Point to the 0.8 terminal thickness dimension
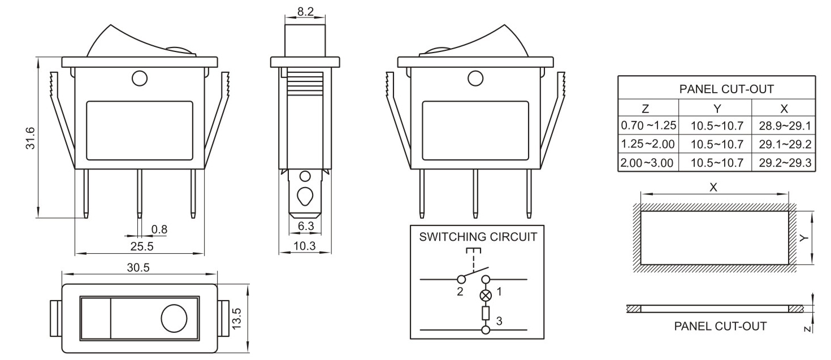[x=159, y=229]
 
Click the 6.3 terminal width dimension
[x=306, y=226]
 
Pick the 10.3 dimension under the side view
[x=306, y=246]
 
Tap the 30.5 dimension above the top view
[x=138, y=268]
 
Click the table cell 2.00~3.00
[x=647, y=163]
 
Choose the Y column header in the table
[x=715, y=107]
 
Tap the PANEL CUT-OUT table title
[x=717, y=89]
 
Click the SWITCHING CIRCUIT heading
[x=478, y=237]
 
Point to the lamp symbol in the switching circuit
[x=485, y=295]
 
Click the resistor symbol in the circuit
[x=485, y=313]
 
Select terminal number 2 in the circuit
[x=460, y=292]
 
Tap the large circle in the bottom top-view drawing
[x=174, y=319]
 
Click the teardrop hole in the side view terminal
[x=305, y=196]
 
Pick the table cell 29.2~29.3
[x=783, y=163]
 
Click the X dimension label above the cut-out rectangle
[x=713, y=188]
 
